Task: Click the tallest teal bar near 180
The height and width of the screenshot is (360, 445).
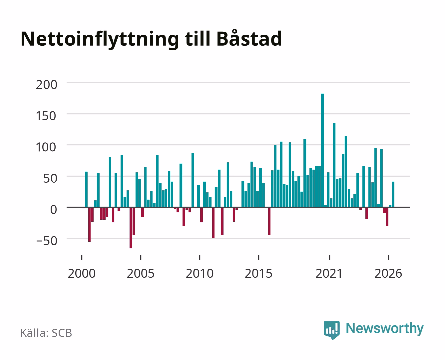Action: tap(322, 151)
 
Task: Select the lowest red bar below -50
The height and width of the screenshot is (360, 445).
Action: tap(131, 228)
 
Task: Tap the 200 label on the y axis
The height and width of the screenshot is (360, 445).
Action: tap(47, 85)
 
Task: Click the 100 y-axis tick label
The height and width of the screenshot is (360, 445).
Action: tap(46, 147)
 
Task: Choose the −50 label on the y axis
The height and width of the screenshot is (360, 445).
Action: tap(47, 241)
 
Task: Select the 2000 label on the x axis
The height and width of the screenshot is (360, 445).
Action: tap(82, 273)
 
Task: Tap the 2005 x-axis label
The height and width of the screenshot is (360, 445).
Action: tap(141, 273)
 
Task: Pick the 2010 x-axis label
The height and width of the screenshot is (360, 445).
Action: tap(200, 273)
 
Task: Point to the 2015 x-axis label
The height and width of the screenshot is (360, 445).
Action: tap(259, 273)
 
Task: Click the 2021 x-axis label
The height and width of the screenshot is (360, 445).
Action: tap(329, 273)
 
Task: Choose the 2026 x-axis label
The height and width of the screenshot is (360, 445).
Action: tap(388, 273)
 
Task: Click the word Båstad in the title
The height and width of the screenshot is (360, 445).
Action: tap(249, 38)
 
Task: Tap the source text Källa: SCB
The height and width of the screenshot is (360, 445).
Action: tap(46, 333)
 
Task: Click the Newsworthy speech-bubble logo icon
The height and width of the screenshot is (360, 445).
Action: tap(331, 330)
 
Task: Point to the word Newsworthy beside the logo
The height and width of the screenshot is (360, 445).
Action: tap(385, 329)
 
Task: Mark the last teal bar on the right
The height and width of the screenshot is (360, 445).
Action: tap(393, 194)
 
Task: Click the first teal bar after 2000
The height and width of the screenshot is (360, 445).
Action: tap(87, 189)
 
